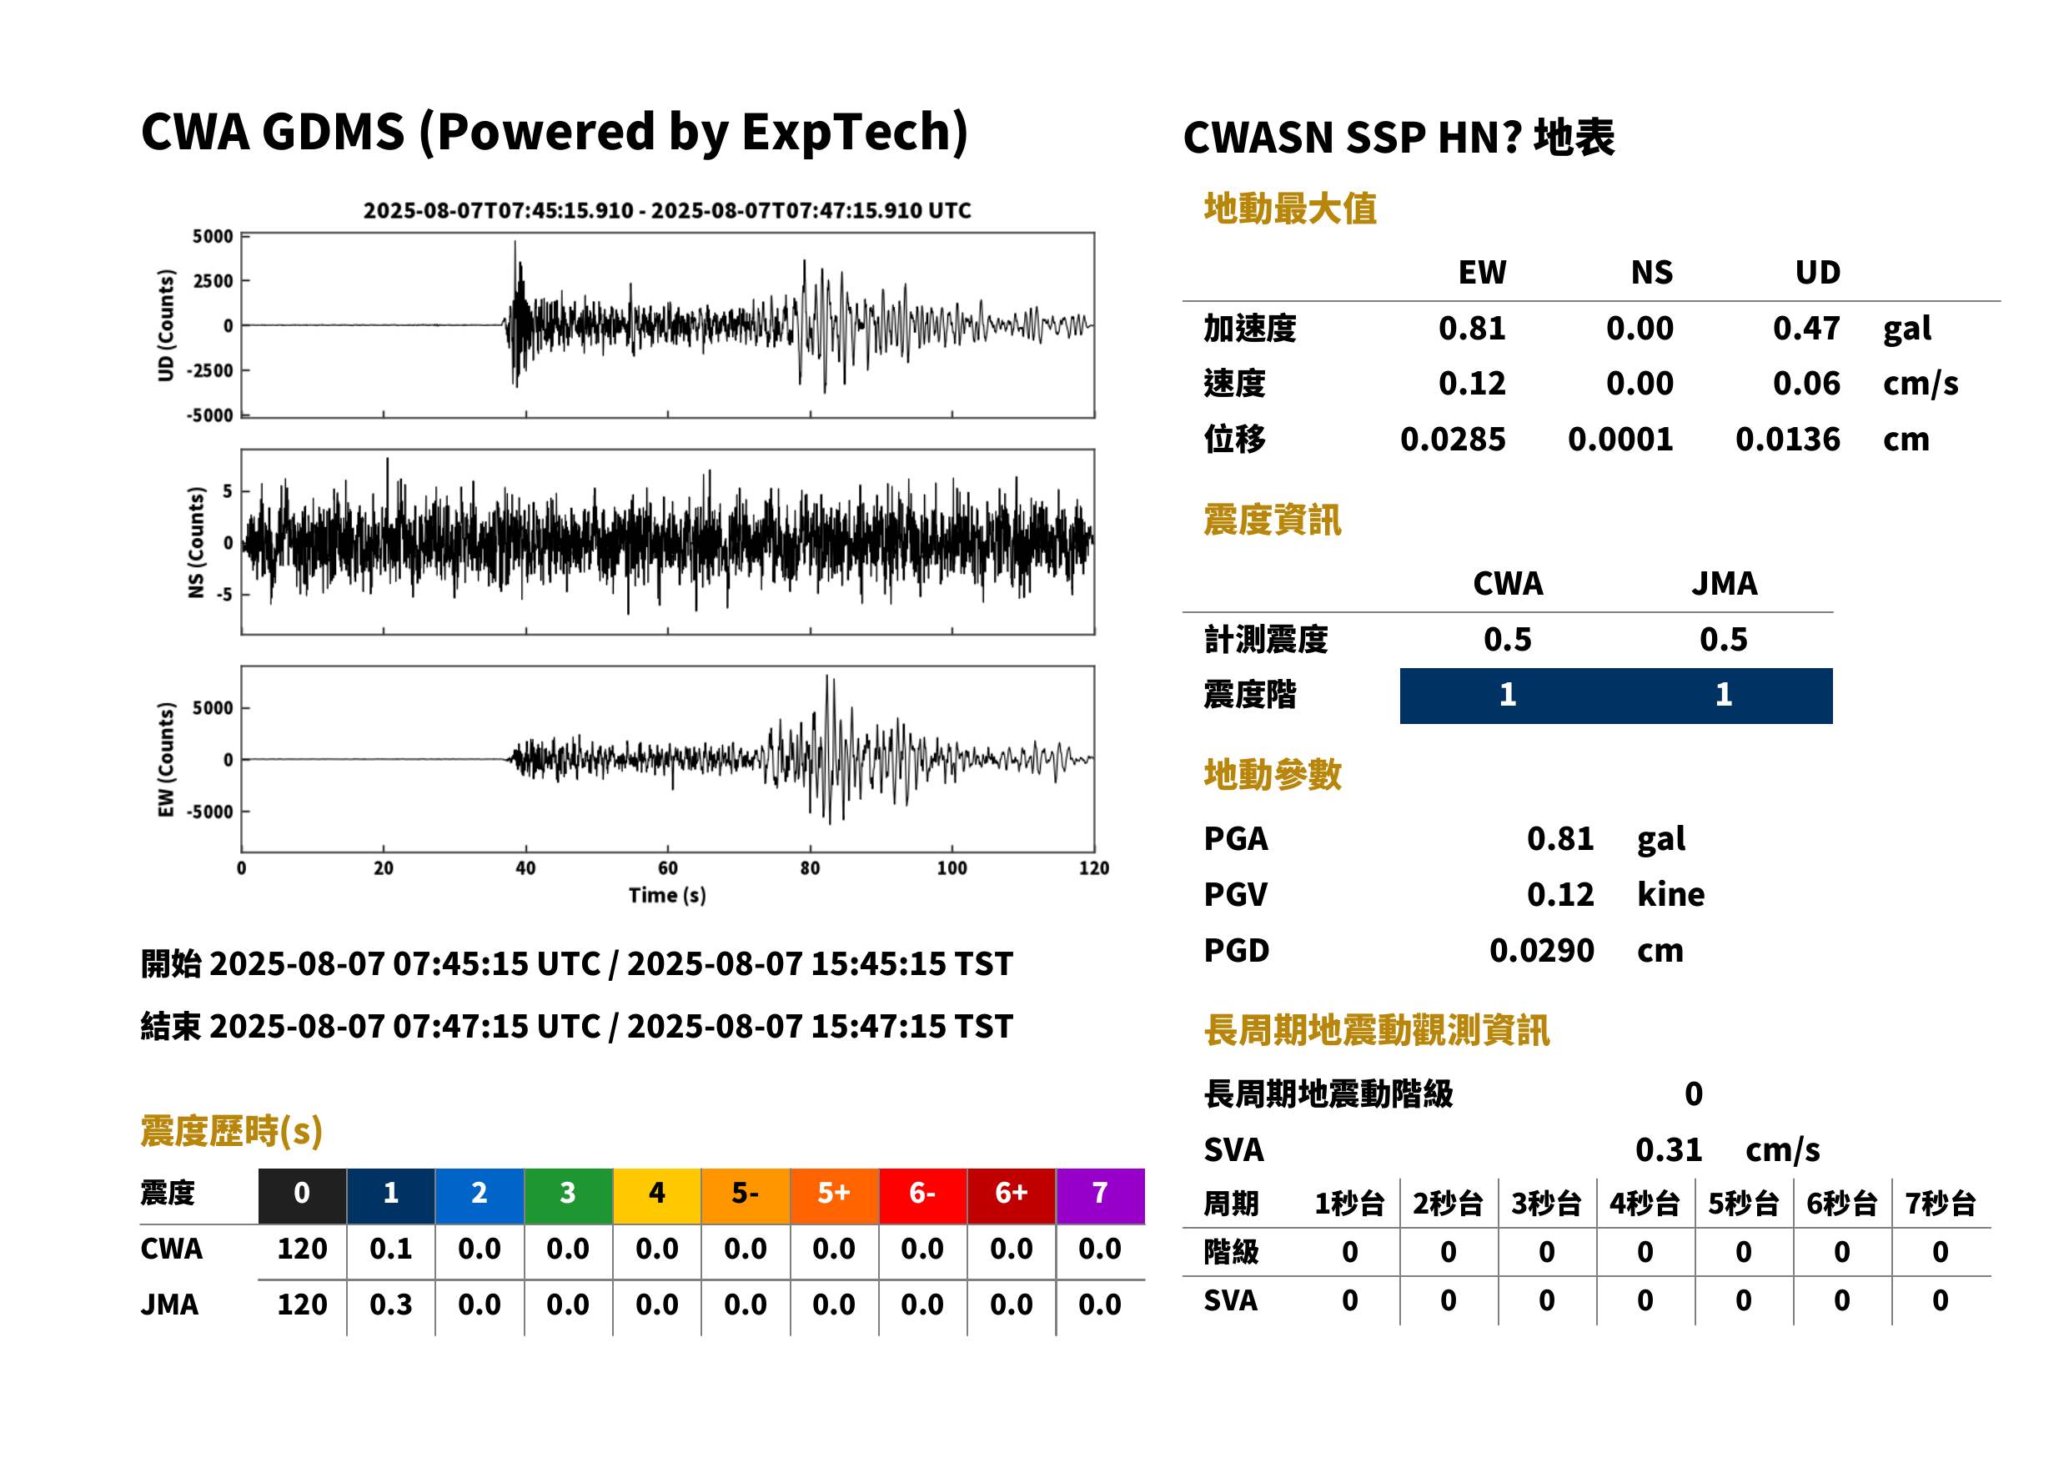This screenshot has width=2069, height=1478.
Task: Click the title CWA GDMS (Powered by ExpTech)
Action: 553,132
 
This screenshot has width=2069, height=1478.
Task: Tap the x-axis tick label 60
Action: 667,867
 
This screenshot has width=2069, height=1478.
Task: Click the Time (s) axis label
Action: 667,895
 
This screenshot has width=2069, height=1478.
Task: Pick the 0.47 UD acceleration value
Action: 1806,328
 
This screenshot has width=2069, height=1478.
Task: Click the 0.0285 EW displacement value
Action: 1452,439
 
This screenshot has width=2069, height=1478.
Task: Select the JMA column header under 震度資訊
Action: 1725,583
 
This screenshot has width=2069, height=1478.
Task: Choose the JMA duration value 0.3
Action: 390,1305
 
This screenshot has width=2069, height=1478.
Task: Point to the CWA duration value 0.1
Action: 390,1249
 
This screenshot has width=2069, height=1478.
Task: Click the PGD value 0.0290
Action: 1541,950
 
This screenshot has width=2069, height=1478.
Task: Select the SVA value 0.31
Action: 1669,1149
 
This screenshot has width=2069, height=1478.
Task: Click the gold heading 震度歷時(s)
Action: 232,1131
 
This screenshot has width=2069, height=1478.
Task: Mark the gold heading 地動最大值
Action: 1290,209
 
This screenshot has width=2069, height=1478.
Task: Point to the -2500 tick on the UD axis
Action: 210,370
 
